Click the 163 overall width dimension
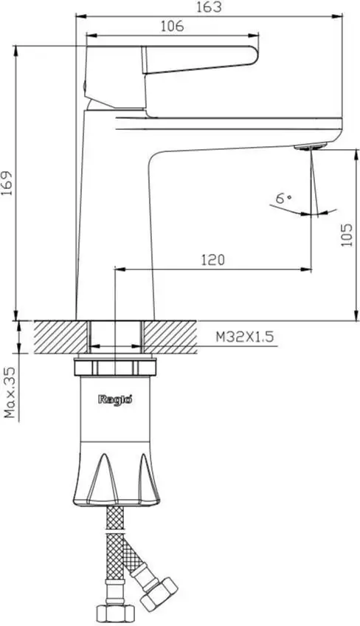pos(210,7)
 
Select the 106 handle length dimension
pos(171,26)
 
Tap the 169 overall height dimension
pos(7,183)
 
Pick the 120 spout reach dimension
pos(212,260)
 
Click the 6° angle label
pos(284,198)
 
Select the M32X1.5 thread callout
pos(245,337)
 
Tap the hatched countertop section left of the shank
pos(53,337)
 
